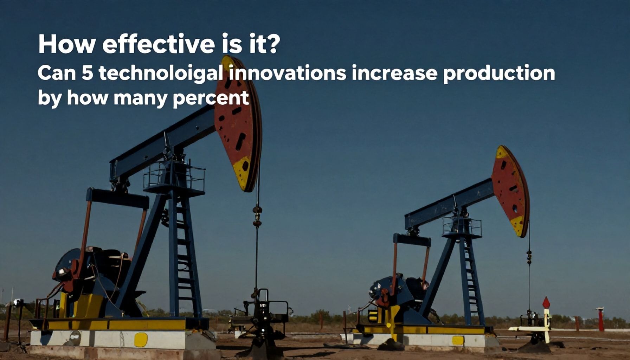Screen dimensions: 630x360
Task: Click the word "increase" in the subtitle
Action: (394, 73)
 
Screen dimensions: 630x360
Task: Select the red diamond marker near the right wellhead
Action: (546, 302)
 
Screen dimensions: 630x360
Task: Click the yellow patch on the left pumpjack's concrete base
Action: (141, 339)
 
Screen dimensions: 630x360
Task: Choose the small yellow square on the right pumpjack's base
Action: (458, 340)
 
